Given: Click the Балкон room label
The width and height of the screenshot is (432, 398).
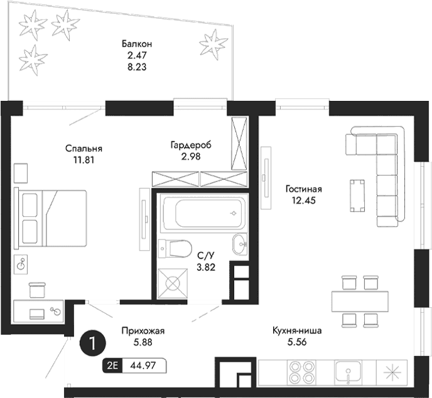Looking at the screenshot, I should (x=136, y=44).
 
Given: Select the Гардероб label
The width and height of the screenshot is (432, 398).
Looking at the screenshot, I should (x=190, y=145).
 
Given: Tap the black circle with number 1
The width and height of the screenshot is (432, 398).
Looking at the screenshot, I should (x=93, y=343).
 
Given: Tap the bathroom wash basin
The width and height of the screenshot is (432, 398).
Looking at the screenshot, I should (x=240, y=244).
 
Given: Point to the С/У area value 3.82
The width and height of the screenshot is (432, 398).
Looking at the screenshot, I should (x=206, y=267).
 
